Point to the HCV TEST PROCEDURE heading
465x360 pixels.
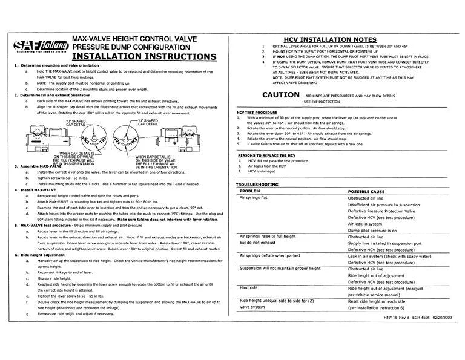[257, 113]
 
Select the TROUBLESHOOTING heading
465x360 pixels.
[257, 183]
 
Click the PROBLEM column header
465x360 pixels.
[250, 191]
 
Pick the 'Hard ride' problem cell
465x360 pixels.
[249, 288]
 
